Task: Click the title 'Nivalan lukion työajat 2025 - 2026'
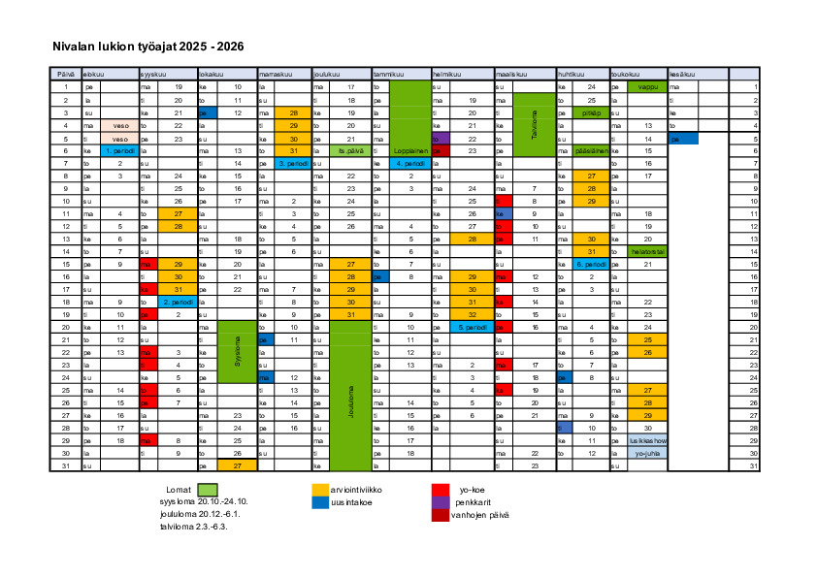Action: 147,46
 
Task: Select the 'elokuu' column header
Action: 95,74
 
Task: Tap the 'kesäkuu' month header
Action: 681,74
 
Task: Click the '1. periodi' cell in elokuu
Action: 120,151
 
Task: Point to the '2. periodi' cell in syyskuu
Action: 179,302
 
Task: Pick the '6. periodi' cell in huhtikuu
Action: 591,264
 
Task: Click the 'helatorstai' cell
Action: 647,251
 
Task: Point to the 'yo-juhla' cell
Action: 647,453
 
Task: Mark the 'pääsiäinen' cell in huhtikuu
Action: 591,151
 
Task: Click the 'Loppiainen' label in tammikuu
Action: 410,151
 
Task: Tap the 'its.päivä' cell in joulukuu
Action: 350,151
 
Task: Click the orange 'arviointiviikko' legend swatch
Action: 320,490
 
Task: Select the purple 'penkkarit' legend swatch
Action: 441,502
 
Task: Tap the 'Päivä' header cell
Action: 65,74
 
